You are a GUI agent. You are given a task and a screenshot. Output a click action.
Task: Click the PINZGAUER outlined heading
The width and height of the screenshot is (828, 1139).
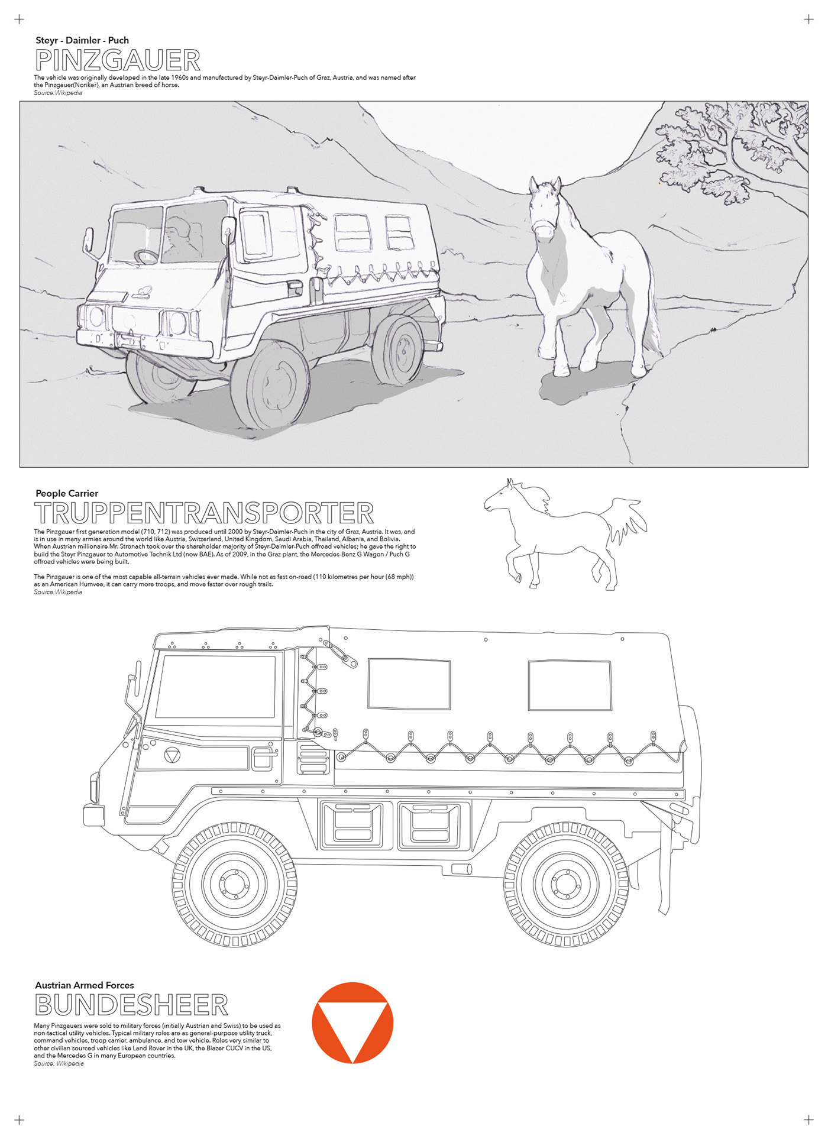point(118,60)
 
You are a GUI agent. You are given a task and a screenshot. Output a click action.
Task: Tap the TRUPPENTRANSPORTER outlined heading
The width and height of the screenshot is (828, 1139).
point(204,513)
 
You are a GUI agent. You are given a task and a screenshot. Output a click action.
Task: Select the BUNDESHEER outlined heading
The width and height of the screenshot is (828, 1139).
point(131,1005)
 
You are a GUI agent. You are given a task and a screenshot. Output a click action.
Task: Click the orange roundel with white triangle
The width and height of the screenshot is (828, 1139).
point(352,1022)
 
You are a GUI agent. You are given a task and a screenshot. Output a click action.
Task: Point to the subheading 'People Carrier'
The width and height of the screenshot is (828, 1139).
point(67,493)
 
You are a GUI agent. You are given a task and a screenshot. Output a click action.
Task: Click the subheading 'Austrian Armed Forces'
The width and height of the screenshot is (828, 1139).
point(85,985)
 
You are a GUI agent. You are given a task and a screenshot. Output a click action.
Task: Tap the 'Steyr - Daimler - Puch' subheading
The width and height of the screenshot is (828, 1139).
point(82,40)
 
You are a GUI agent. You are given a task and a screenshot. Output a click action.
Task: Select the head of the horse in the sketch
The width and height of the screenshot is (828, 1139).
point(545,207)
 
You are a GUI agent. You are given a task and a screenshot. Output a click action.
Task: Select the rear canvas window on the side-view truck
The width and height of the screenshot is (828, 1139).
point(570,685)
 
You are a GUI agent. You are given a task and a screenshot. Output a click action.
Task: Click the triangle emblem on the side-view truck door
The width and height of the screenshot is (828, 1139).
point(172,756)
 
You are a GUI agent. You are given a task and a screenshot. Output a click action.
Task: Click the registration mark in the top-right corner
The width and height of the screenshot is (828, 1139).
point(808,20)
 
